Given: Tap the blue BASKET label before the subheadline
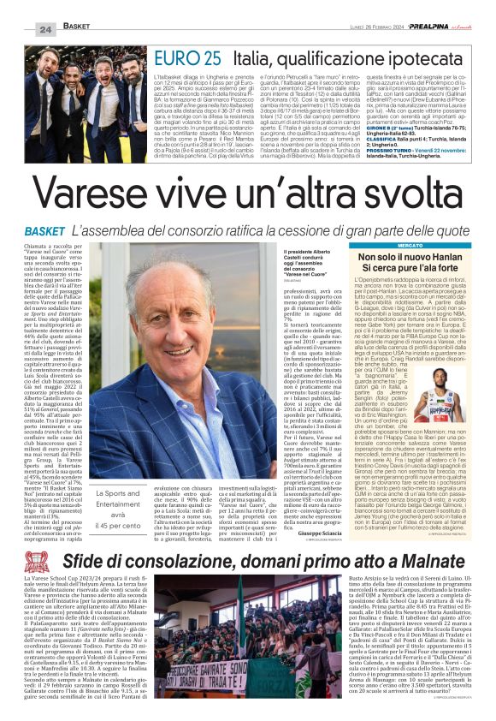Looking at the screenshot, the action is point(44,232).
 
